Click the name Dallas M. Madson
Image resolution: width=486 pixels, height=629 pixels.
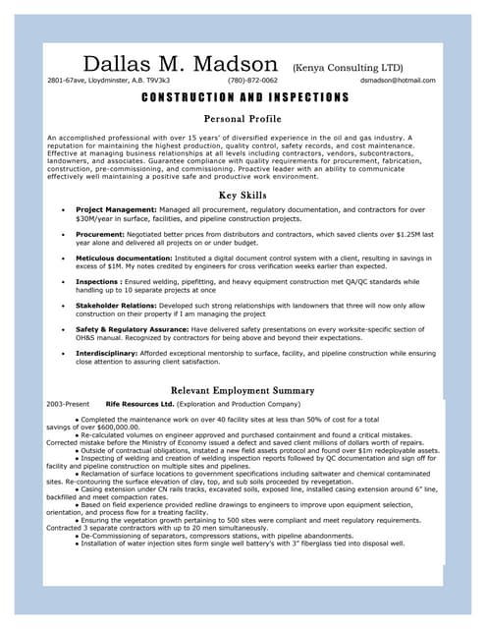[x=181, y=64]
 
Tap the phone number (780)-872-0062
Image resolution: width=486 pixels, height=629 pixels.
[x=252, y=81]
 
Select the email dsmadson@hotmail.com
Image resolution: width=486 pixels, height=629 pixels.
[x=398, y=81]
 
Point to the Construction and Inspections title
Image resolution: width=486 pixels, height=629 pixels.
[x=244, y=98]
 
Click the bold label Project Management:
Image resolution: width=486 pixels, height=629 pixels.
[x=116, y=209]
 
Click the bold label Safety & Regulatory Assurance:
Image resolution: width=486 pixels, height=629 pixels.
[x=133, y=329]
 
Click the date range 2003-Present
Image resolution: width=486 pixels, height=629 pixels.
[x=68, y=404]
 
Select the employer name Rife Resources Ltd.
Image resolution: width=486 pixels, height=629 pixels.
[x=139, y=404]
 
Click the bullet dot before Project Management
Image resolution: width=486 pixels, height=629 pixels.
[x=64, y=209]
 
